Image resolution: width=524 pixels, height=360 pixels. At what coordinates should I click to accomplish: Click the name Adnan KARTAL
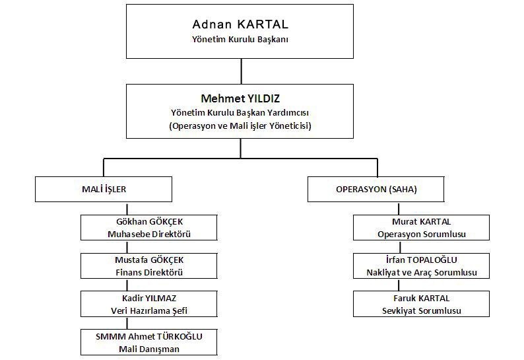pyautogui.click(x=240, y=25)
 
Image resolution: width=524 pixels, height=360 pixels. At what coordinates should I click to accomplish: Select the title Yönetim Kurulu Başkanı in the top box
pyautogui.click(x=240, y=40)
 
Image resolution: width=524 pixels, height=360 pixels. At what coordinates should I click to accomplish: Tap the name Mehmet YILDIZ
pyautogui.click(x=240, y=98)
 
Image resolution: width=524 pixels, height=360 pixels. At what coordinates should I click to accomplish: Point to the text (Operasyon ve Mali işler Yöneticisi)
pyautogui.click(x=240, y=126)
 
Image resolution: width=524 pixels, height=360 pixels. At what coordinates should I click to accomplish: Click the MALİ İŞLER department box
pyautogui.click(x=104, y=190)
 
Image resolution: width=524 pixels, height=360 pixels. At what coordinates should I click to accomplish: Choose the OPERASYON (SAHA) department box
pyautogui.click(x=376, y=190)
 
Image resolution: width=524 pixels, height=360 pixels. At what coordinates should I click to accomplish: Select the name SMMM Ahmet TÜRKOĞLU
pyautogui.click(x=149, y=336)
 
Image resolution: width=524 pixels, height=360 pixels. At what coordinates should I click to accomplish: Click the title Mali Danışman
pyautogui.click(x=149, y=349)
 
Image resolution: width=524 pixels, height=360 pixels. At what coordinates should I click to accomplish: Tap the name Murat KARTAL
pyautogui.click(x=421, y=221)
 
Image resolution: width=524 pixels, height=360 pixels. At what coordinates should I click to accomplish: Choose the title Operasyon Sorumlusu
pyautogui.click(x=421, y=234)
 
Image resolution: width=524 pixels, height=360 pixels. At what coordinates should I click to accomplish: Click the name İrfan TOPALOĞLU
pyautogui.click(x=421, y=260)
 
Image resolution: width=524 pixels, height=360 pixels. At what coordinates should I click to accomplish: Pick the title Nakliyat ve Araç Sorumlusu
pyautogui.click(x=421, y=272)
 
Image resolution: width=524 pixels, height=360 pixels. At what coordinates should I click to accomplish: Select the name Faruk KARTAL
pyautogui.click(x=421, y=298)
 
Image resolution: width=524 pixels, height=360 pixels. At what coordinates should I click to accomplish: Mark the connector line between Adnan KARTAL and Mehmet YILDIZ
pyautogui.click(x=241, y=71)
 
